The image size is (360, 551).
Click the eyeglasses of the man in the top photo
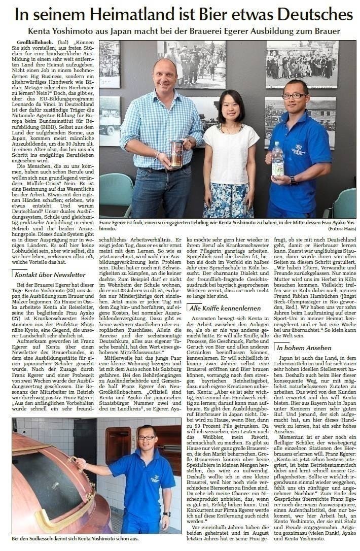tap(295, 95)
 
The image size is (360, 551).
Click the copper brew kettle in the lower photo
tap(46, 487)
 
